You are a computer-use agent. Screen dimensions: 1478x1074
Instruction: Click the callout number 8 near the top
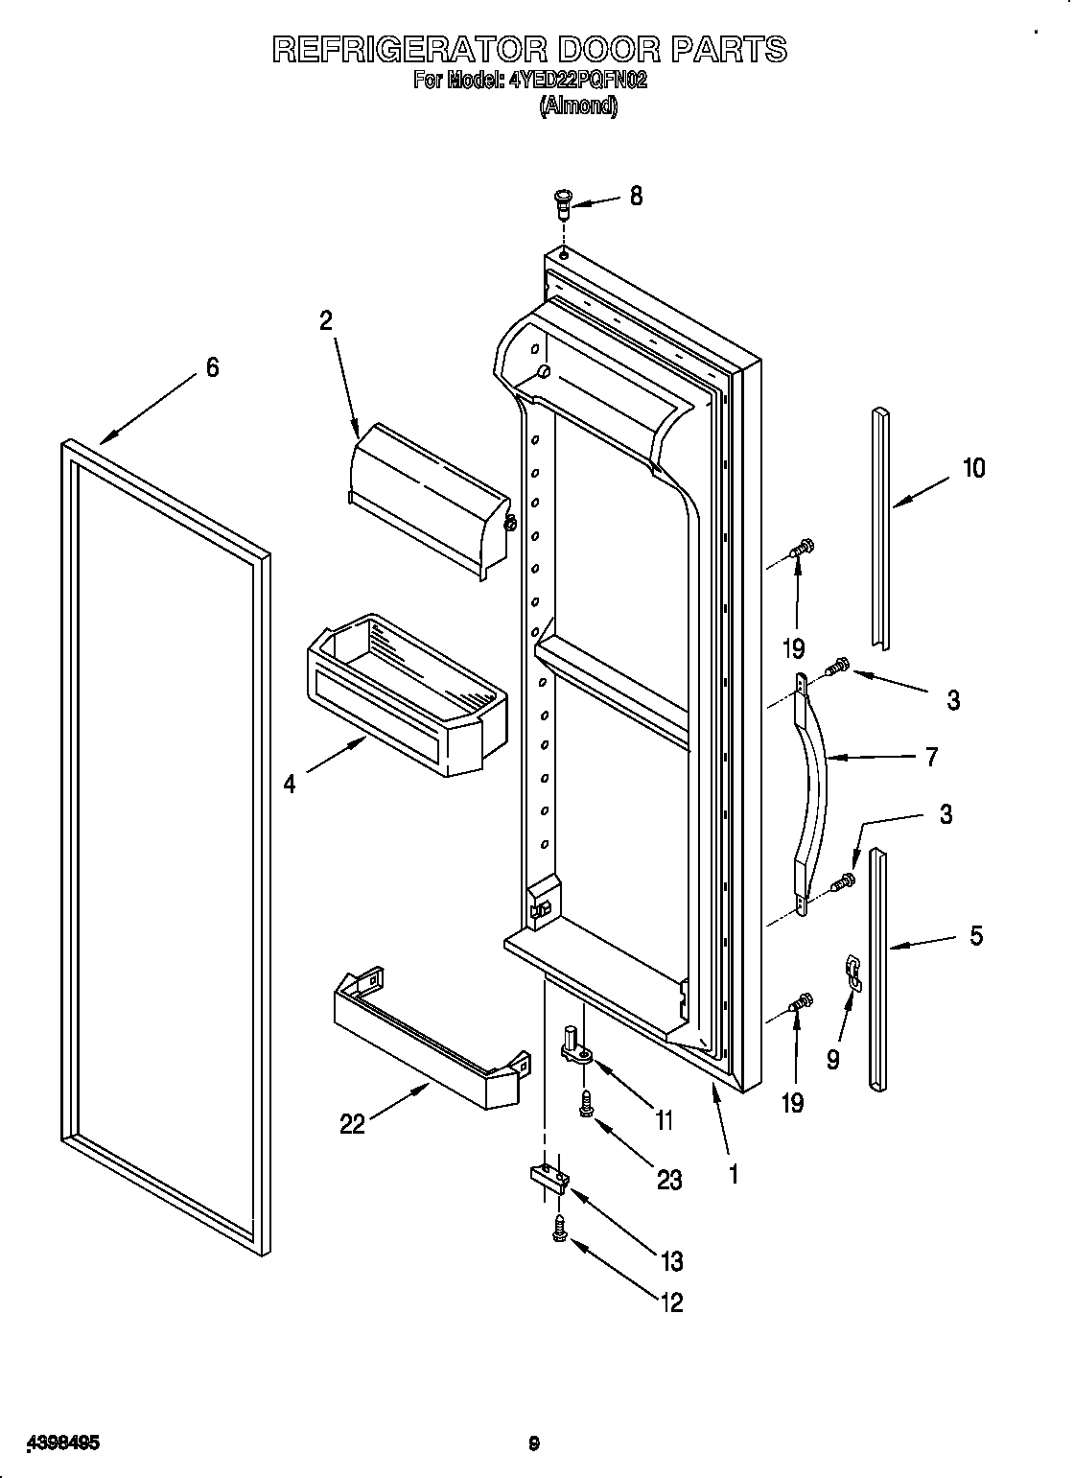point(635,197)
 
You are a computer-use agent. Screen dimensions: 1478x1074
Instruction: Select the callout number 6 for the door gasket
point(212,367)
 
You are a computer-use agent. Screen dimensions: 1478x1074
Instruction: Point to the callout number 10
point(972,468)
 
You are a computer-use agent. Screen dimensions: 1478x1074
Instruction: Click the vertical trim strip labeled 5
point(877,969)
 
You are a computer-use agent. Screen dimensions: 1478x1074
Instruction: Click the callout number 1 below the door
point(734,1173)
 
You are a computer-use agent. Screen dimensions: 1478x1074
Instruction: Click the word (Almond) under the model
point(578,106)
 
